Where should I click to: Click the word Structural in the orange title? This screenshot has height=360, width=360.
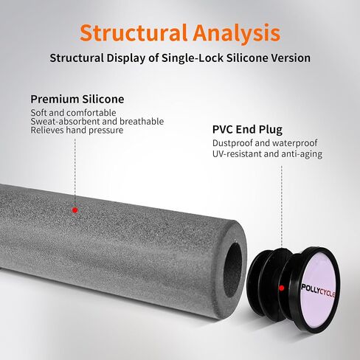pos(134,32)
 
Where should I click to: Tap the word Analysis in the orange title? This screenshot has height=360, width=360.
pos(237,34)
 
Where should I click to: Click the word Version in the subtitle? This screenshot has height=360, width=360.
pos(291,58)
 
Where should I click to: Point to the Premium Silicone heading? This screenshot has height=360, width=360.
pos(77,99)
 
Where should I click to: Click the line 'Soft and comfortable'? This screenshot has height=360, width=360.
pos(73,113)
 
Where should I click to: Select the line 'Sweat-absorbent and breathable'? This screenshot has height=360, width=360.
pos(97,121)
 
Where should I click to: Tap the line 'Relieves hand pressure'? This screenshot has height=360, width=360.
pos(77,130)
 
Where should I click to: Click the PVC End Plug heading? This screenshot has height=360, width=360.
pos(247,130)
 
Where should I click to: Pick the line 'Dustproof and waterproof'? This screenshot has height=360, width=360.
pos(265,143)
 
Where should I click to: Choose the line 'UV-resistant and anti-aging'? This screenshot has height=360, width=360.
pos(267,154)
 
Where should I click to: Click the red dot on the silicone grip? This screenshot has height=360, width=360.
pos(75,210)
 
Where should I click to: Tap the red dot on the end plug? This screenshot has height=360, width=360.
pos(282,288)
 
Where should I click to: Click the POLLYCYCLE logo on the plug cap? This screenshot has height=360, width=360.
pos(318,291)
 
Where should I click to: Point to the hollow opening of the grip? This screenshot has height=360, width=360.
pos(232,270)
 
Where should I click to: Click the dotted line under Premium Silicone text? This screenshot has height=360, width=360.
pos(75,171)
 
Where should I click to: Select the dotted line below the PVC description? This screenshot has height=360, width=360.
pos(282,206)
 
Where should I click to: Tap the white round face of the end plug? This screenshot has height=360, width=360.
pos(319,290)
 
